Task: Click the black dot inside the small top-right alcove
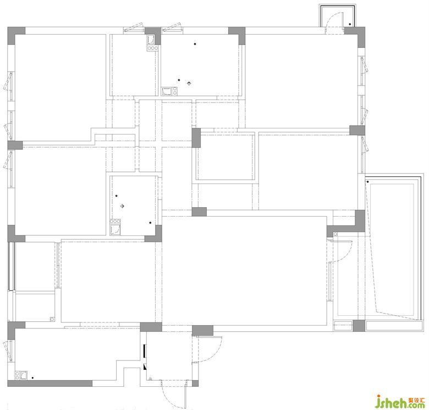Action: [350, 24]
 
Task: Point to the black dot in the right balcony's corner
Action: [368, 182]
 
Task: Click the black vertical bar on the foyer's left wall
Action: [145, 351]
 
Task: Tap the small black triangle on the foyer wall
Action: [145, 366]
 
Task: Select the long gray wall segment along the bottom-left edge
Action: [50, 383]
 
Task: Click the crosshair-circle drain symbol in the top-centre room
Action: [189, 83]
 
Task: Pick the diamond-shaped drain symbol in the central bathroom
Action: [123, 206]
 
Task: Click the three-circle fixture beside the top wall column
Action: [152, 48]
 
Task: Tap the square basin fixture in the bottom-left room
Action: [24, 375]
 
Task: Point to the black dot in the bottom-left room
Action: [32, 377]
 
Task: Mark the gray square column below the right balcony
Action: [359, 326]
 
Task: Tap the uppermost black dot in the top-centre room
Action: [195, 44]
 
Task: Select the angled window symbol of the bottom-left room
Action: [8, 352]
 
